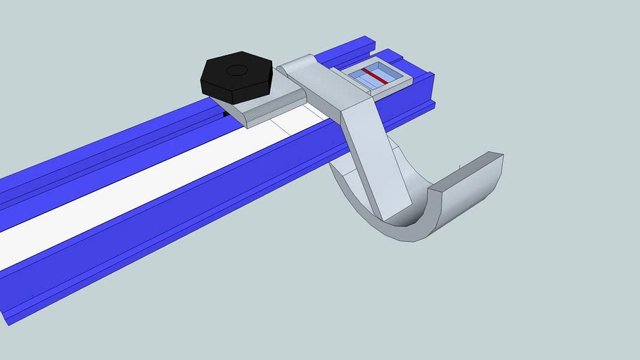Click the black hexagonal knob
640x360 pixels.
click(x=236, y=73)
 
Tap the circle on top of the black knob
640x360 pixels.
click(x=236, y=70)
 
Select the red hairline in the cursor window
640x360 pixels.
click(x=374, y=76)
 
